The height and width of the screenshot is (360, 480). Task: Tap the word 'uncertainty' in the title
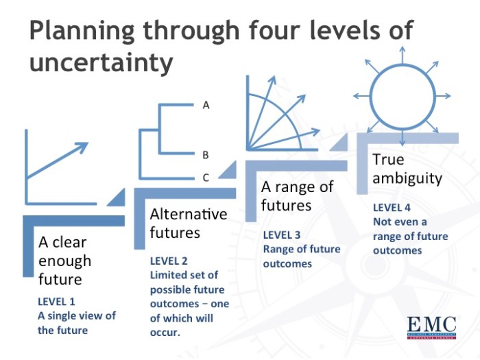point(101,63)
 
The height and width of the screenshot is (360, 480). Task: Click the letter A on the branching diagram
point(206,106)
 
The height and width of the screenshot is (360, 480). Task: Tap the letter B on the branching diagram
point(206,155)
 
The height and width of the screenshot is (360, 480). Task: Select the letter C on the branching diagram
point(206,178)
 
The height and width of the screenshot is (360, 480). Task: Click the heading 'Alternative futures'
point(188,223)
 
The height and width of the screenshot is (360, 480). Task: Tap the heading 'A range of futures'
point(297,195)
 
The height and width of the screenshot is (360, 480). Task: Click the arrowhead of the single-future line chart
point(82,145)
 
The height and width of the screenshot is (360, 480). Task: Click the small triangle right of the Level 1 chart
point(117,197)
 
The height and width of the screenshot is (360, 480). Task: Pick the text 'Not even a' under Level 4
point(399,221)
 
